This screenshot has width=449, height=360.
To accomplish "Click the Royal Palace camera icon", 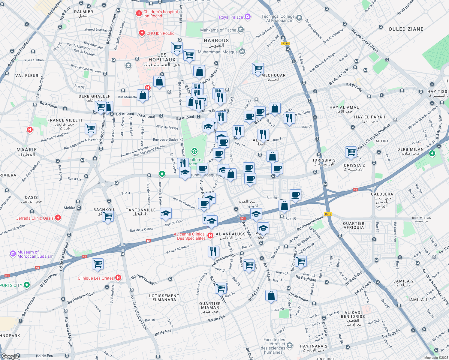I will pos(248,16).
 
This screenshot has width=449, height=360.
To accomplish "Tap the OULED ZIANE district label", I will pos(406,29).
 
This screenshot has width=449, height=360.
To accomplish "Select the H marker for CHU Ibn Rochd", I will pos(142,33).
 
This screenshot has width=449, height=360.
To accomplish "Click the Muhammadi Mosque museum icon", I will pos(242,52).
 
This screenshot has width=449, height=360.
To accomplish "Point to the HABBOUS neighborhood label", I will pos(216,40).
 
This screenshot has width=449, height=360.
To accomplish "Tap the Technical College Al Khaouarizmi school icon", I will pos(299,18).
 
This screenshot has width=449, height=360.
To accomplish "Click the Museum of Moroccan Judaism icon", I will pos(13,254).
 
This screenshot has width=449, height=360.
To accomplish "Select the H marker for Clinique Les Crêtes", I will pos(118,278).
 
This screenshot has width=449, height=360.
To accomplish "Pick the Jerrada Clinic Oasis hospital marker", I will pos(58,218).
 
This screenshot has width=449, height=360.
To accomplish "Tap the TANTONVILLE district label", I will pos(140,210).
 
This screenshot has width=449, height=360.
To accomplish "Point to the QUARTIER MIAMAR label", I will pos(210,305).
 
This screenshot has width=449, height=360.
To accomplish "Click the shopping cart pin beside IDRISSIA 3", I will pos(351,152).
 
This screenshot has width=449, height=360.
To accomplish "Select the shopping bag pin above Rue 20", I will pos(271,295).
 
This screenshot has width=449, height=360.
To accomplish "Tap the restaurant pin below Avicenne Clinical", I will pos(213,251).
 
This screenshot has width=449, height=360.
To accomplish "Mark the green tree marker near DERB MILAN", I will pos(432,154).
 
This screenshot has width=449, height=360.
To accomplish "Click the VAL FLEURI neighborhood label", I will pos(28,76).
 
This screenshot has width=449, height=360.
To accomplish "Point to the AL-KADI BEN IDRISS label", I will pos(353,314).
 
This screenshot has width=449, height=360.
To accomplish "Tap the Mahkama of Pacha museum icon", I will pos(241,30).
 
